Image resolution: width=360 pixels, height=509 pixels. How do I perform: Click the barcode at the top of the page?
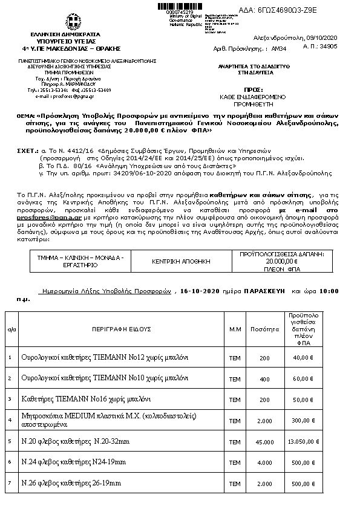click(x=180, y=6)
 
